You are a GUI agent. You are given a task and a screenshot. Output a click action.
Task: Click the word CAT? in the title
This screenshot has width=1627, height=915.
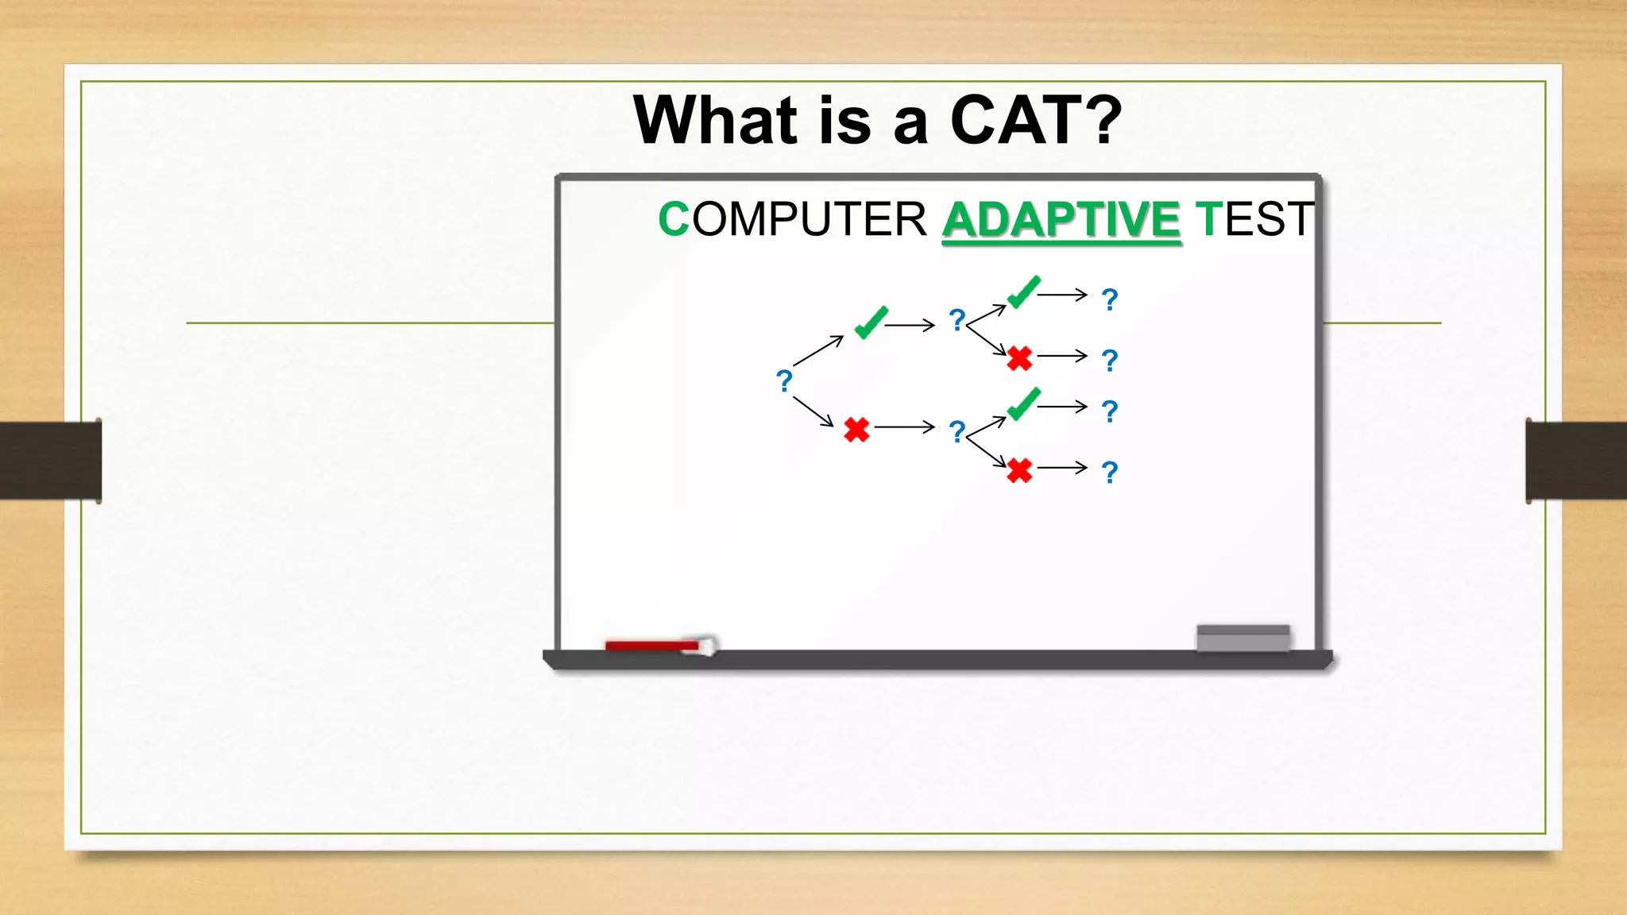click(x=1035, y=120)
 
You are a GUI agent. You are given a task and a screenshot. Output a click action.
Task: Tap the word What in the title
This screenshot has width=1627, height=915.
click(x=714, y=120)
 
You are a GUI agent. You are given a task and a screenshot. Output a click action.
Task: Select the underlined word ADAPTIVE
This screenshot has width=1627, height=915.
click(x=1061, y=219)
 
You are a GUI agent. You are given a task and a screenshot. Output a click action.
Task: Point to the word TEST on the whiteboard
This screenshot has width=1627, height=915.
click(x=1254, y=219)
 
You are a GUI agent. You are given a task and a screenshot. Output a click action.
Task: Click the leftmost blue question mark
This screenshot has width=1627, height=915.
click(x=784, y=381)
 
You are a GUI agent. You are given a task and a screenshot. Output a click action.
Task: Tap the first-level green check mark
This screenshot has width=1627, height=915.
click(x=871, y=322)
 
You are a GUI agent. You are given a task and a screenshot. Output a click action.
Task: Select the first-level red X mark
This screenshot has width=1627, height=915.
click(x=856, y=430)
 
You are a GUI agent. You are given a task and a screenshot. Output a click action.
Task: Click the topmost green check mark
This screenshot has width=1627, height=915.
click(x=1023, y=292)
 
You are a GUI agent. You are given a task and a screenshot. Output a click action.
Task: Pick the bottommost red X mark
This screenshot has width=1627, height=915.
click(x=1019, y=470)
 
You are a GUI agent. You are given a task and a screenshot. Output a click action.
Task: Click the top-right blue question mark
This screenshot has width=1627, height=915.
click(x=1110, y=299)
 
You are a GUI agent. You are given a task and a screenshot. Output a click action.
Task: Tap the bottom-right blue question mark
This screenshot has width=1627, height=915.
click(x=1110, y=473)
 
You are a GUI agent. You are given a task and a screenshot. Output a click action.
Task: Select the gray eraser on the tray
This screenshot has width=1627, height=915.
click(x=1242, y=638)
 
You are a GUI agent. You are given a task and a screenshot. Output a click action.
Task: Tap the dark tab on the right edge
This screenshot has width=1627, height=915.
click(x=1575, y=461)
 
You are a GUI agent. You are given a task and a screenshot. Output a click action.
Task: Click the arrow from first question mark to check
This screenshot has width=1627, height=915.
click(x=817, y=350)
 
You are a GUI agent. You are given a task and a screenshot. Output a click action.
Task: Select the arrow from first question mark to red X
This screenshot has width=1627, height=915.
click(x=813, y=411)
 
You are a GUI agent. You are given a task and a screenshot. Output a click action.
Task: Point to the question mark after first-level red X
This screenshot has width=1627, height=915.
click(x=957, y=432)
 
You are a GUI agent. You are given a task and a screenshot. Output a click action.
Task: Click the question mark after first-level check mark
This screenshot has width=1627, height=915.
click(x=957, y=320)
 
